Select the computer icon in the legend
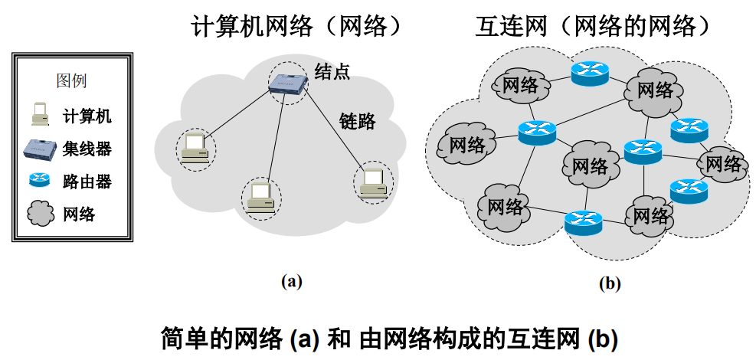38,114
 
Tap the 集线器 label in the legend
87,149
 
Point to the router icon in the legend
38,181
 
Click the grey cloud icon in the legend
38,214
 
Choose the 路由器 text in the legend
87,182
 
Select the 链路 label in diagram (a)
357,120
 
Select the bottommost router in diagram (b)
583,222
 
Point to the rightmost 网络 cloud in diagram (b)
722,163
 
